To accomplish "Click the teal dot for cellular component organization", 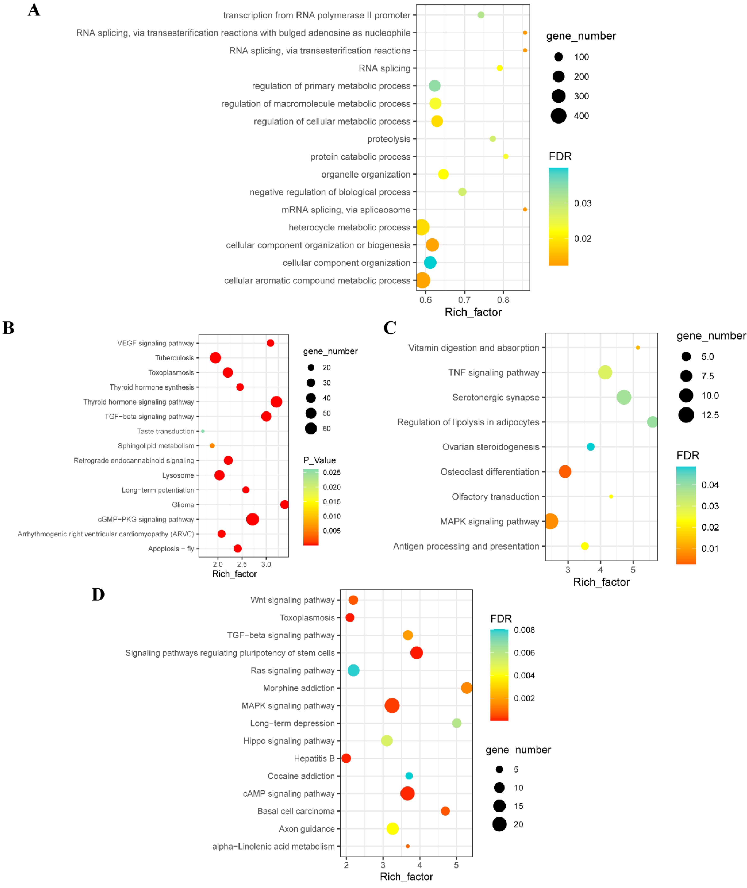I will coord(430,263).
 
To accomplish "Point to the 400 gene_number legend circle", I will coord(559,116).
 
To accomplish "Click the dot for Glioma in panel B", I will coord(285,504).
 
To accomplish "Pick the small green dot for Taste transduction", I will coord(203,431).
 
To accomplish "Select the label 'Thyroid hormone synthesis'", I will coord(152,387).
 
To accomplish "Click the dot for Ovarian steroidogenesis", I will coord(590,447).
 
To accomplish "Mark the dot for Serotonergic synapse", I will coord(624,397).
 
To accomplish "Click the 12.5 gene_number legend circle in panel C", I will coord(686,415).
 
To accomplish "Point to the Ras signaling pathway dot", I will coord(353,670).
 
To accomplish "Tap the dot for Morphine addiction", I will coord(466,688).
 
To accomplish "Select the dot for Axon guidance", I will coord(393,829).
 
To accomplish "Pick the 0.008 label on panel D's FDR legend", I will coord(524,630).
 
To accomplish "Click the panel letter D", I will coord(98,595).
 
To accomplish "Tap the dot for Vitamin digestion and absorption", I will coord(638,348).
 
